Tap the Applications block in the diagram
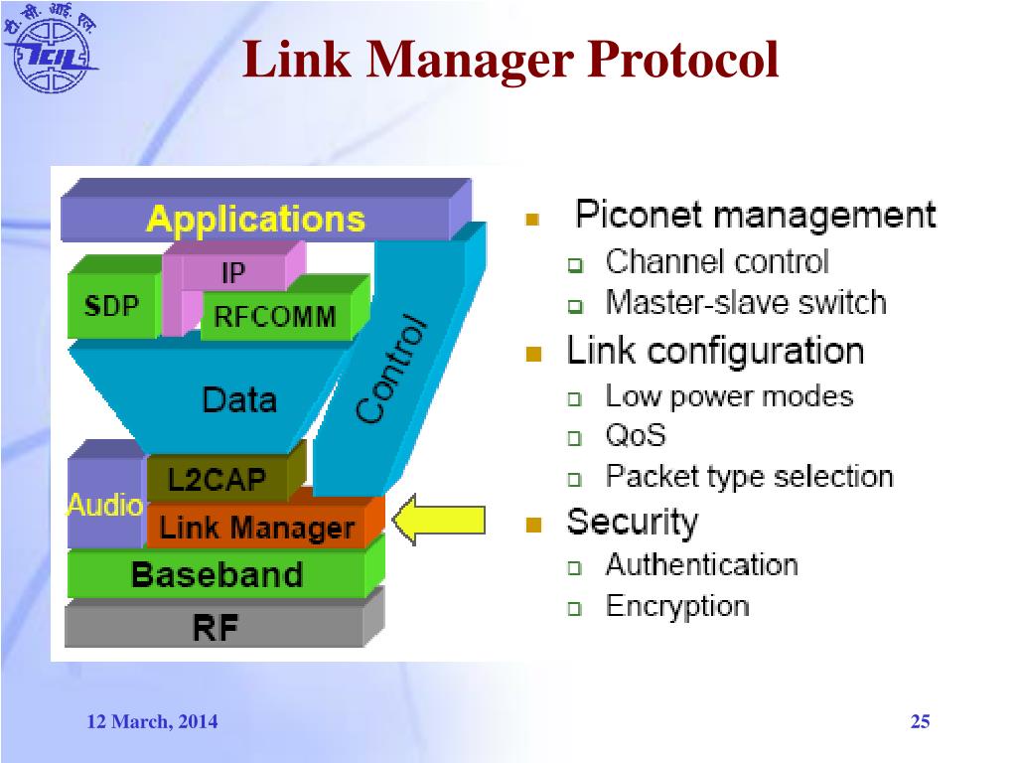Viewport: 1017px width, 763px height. pyautogui.click(x=255, y=219)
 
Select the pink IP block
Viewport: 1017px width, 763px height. pyautogui.click(x=233, y=271)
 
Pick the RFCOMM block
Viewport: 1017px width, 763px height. pyautogui.click(x=275, y=318)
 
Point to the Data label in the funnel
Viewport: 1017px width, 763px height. pyautogui.click(x=239, y=399)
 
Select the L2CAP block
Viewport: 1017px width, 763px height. pyautogui.click(x=218, y=481)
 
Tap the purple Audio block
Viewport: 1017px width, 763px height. pyautogui.click(x=104, y=505)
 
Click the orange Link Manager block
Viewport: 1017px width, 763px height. pyautogui.click(x=256, y=528)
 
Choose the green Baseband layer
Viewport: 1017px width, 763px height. pyautogui.click(x=217, y=574)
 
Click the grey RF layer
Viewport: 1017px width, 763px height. pyautogui.click(x=216, y=626)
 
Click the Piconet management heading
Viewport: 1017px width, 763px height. pyautogui.click(x=755, y=215)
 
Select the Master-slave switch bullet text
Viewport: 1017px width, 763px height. pyautogui.click(x=745, y=302)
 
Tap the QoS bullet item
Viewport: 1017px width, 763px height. pyautogui.click(x=636, y=435)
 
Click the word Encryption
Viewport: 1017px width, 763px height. pyautogui.click(x=677, y=606)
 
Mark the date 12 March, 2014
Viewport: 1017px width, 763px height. pyautogui.click(x=152, y=722)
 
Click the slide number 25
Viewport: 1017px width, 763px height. pyautogui.click(x=920, y=722)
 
